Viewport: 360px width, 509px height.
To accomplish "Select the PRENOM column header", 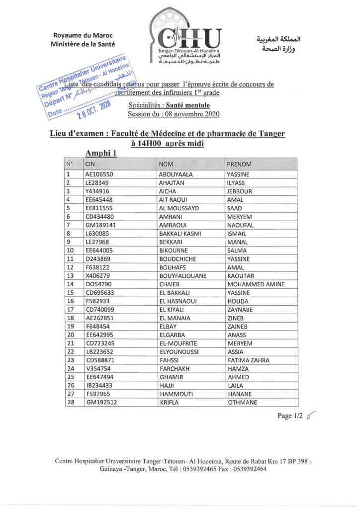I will click(239, 164).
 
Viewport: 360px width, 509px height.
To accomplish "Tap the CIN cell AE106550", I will click(99, 174).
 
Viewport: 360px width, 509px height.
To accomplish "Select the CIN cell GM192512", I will click(101, 403).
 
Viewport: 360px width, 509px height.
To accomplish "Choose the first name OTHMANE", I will click(242, 403).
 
